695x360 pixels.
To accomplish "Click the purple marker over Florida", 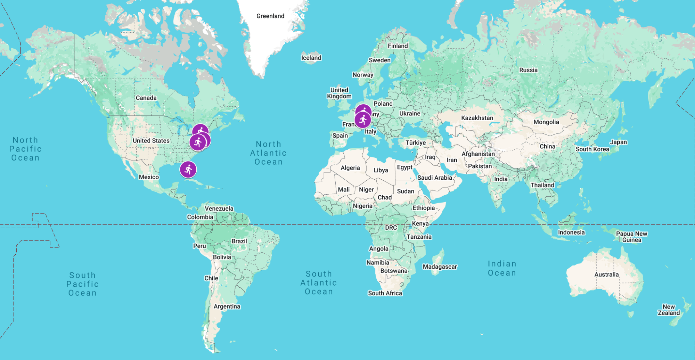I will (x=188, y=170).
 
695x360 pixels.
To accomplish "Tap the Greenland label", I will (x=270, y=16).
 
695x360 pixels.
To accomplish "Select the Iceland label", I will (x=311, y=58).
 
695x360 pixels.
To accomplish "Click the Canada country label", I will (x=146, y=98).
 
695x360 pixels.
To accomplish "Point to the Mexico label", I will (x=149, y=177).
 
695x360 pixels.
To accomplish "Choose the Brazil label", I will (x=239, y=241).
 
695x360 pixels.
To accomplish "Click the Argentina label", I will (x=227, y=306).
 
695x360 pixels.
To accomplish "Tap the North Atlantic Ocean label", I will (x=268, y=153).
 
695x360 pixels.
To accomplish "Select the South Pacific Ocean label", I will (x=82, y=284).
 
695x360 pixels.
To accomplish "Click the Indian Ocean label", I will (x=502, y=268).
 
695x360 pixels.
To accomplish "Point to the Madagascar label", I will (x=440, y=267).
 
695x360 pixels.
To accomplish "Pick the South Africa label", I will (x=385, y=293).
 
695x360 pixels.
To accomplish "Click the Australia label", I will (x=606, y=275).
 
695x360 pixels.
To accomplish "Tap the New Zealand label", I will (x=669, y=310).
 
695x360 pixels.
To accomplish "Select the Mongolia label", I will (x=546, y=122).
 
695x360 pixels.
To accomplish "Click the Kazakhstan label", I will (x=477, y=118).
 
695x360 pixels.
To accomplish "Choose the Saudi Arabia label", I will (x=434, y=178).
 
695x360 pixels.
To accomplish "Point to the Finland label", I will (x=398, y=46).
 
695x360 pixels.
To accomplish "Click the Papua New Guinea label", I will (x=631, y=237).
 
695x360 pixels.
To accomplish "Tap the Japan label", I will (x=618, y=142).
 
